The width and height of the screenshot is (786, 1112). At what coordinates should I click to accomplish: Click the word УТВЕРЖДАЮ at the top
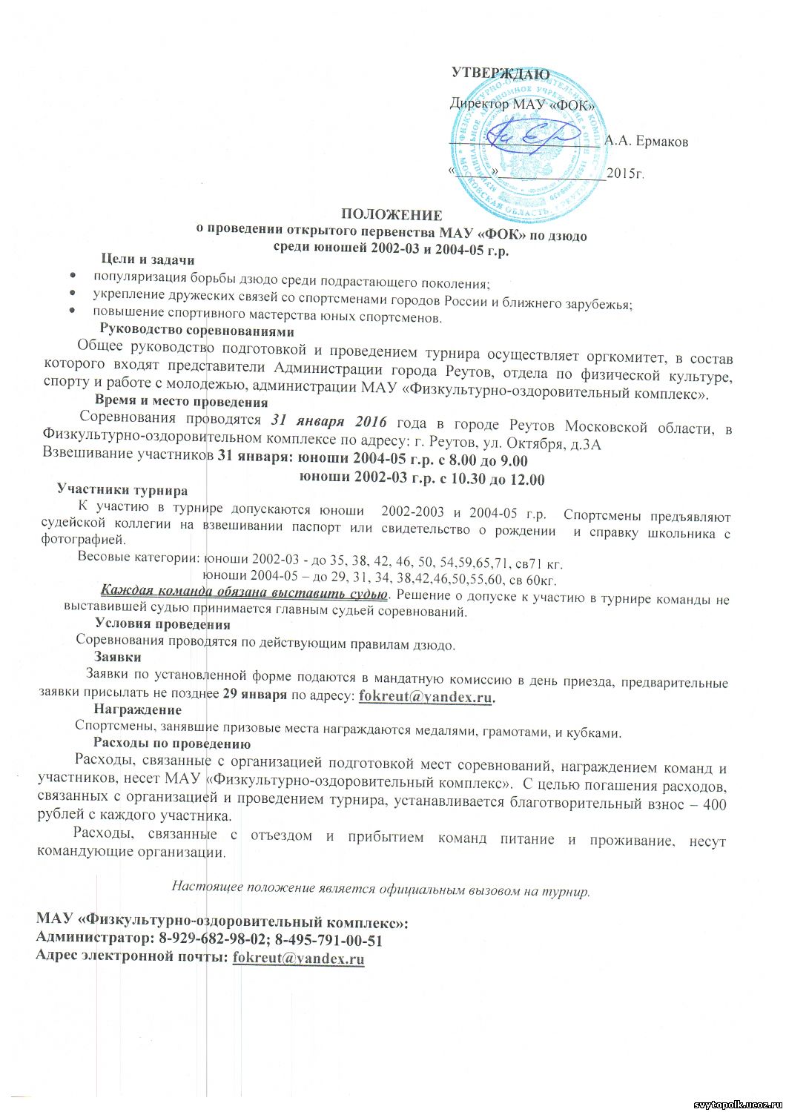tap(501, 73)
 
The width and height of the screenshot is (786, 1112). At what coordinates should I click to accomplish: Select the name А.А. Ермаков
tap(646, 141)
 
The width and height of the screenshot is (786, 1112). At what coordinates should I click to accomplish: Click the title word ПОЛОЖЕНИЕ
tap(392, 216)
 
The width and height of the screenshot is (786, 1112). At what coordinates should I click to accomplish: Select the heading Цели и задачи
tap(148, 259)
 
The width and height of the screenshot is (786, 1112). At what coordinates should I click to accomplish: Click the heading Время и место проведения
tap(182, 402)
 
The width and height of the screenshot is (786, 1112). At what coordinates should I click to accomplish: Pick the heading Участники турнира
tap(122, 490)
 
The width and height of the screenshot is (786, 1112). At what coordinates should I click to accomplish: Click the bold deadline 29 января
tap(254, 695)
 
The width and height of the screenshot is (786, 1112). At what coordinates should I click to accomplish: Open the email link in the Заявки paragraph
tap(426, 696)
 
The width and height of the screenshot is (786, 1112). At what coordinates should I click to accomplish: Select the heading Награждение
tap(138, 710)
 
